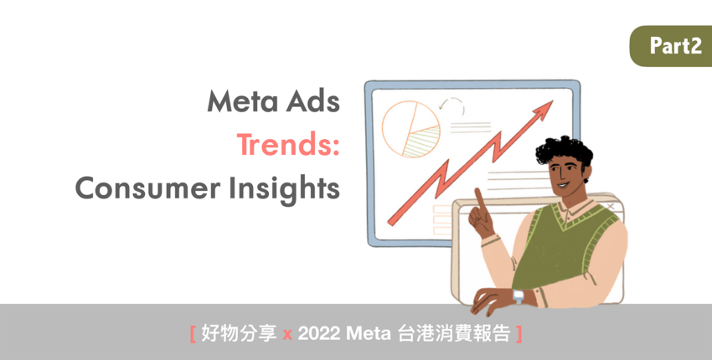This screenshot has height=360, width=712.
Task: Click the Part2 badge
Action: [x=671, y=46]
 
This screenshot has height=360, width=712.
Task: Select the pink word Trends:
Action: [x=288, y=144]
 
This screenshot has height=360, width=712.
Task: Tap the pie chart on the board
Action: [x=411, y=130]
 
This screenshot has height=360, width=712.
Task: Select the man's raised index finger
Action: [x=479, y=200]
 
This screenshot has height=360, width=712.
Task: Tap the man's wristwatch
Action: [x=519, y=297]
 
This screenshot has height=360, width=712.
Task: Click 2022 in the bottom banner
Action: [x=319, y=335]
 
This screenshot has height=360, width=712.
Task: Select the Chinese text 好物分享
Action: [x=239, y=335]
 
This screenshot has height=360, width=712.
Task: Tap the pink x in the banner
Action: [x=287, y=336]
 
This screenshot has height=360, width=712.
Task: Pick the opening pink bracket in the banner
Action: [x=193, y=335]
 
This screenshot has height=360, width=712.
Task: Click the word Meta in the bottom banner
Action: [x=369, y=335]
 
